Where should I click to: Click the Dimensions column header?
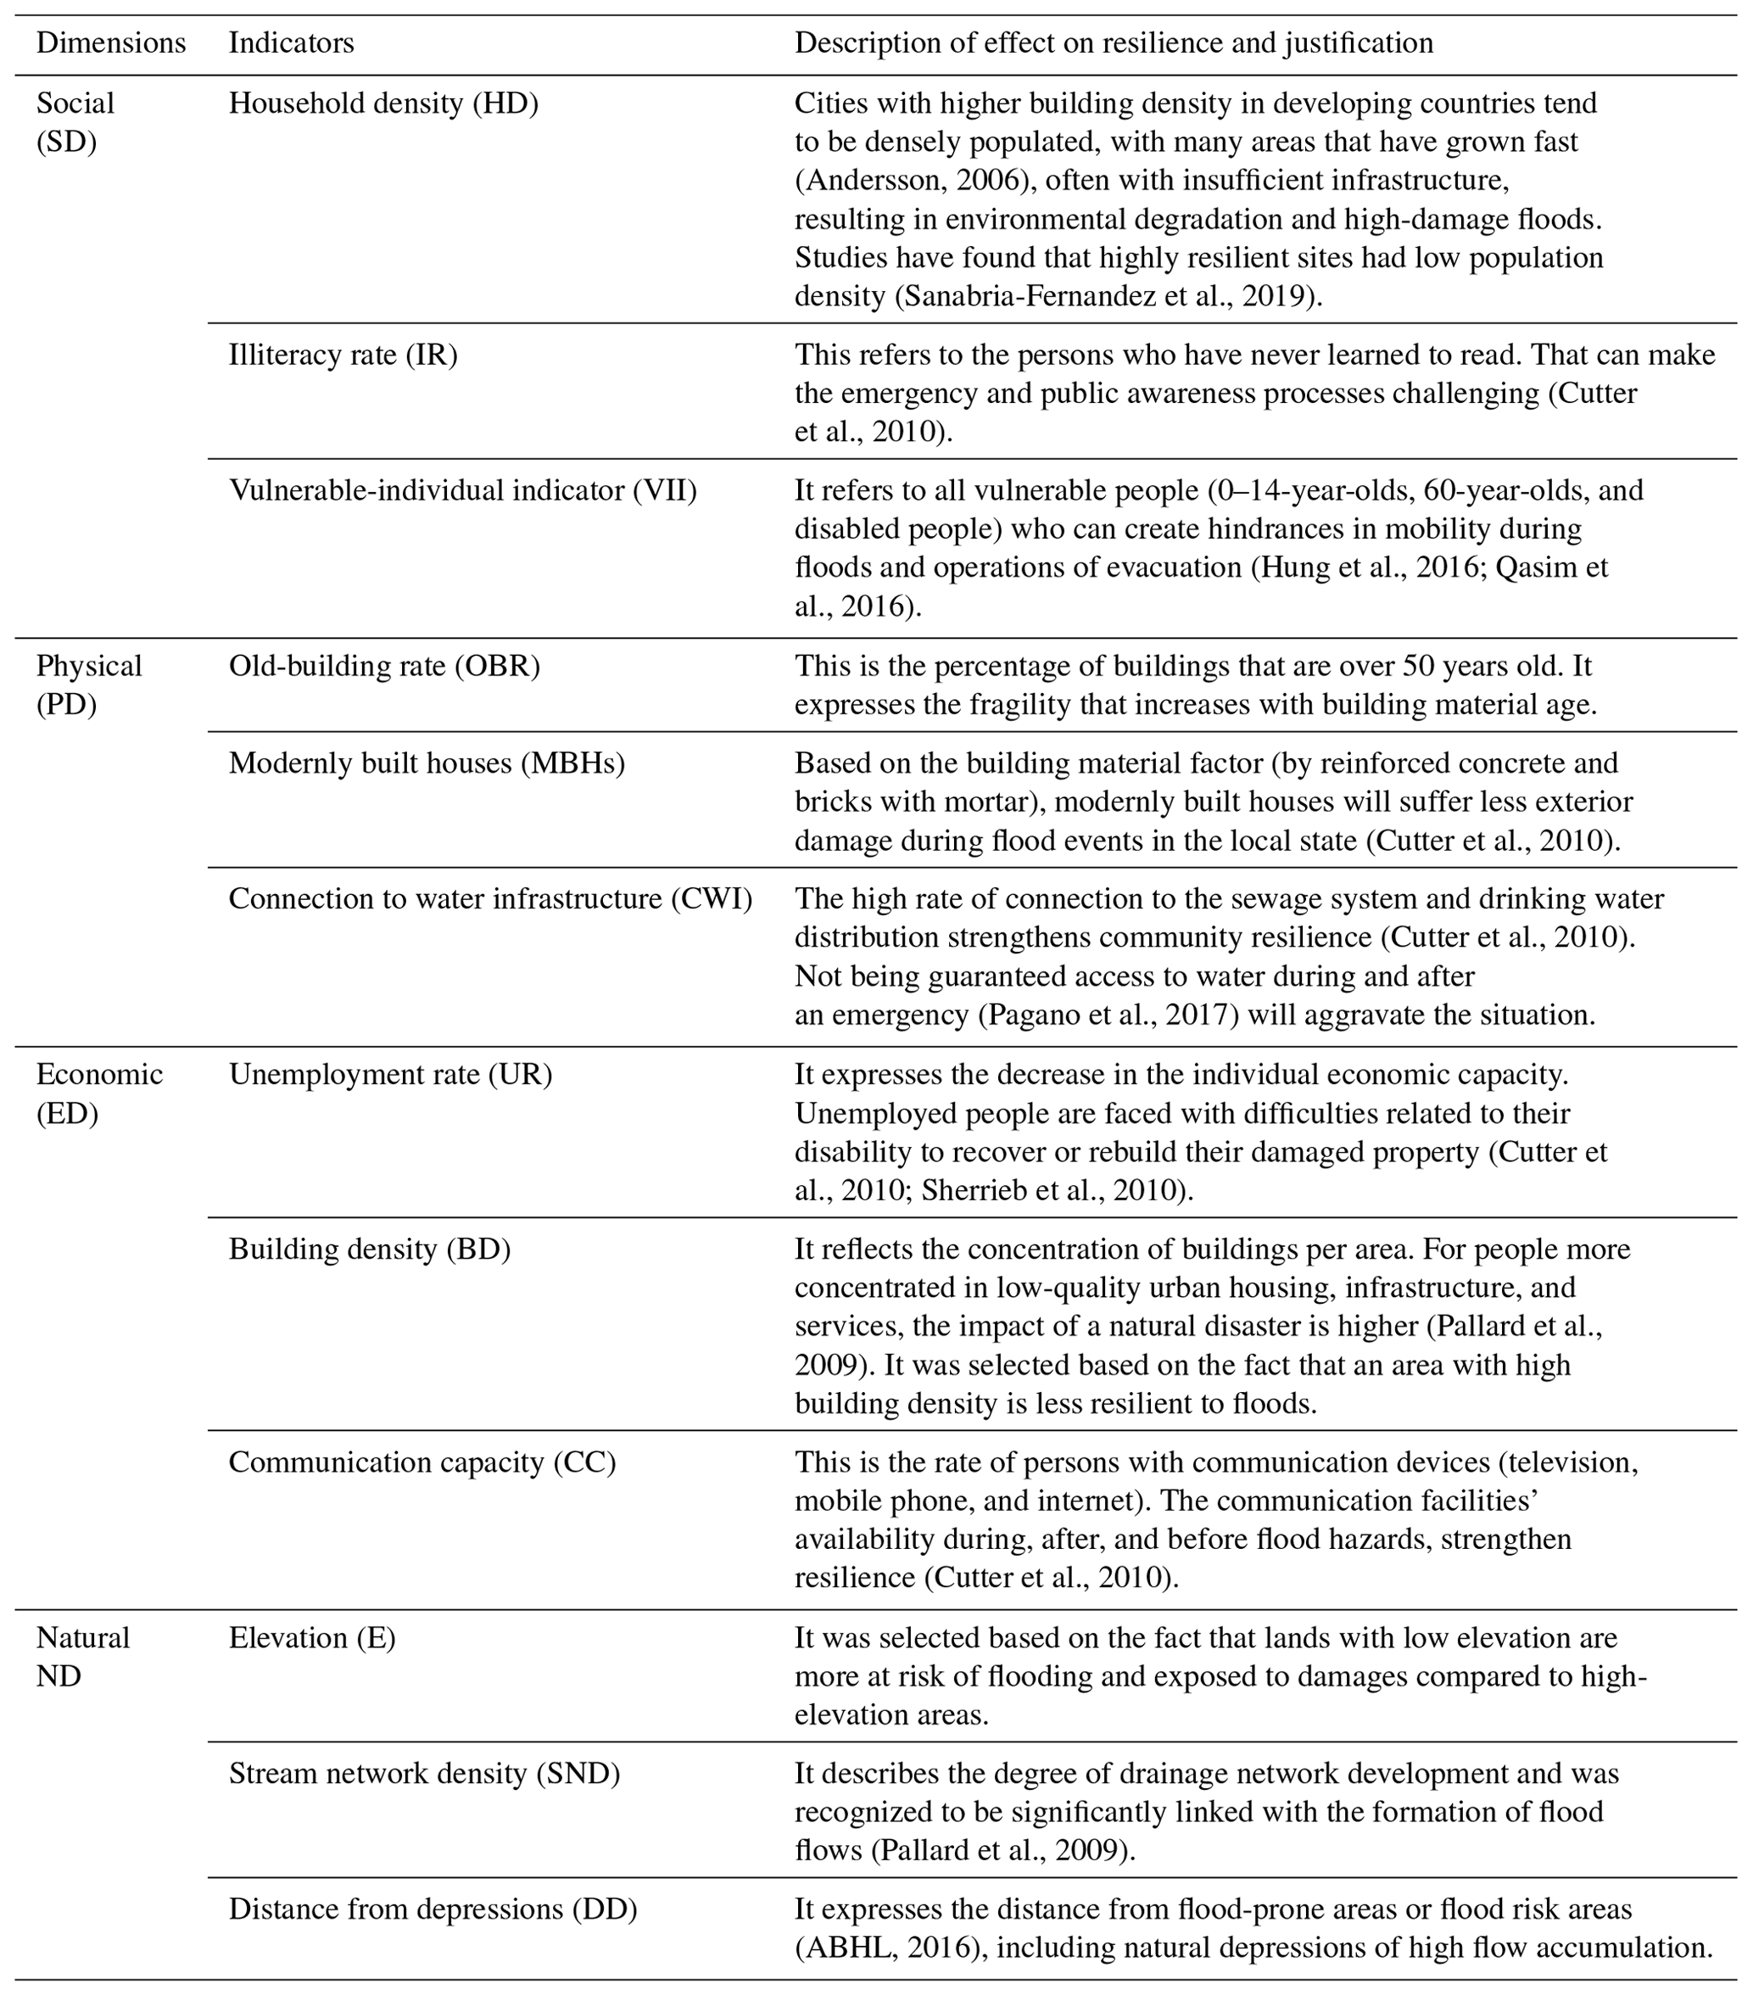[x=110, y=43]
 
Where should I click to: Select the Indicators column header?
[x=291, y=43]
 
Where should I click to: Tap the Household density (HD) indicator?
[x=383, y=103]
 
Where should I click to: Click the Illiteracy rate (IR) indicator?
[x=343, y=355]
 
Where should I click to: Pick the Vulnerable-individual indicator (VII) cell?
[x=463, y=490]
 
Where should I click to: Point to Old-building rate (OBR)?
[x=383, y=666]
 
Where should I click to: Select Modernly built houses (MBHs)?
[x=427, y=763]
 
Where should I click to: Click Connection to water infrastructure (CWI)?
[x=490, y=898]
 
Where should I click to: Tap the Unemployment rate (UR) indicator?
[x=390, y=1074]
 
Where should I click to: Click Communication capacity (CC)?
[x=422, y=1462]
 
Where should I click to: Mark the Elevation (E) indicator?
[x=312, y=1638]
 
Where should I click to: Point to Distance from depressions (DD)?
[x=433, y=1909]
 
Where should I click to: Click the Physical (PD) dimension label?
[x=89, y=685]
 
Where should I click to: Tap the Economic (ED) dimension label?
[x=98, y=1093]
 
